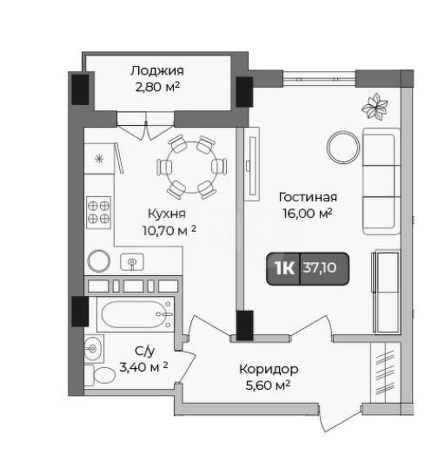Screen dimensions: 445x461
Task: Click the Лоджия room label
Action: (157, 71)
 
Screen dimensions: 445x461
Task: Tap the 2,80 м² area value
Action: (157, 87)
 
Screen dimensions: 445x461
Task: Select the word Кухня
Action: (167, 214)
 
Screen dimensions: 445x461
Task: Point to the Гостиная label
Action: (308, 197)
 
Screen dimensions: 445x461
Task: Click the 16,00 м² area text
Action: (308, 214)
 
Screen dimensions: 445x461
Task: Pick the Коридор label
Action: (269, 369)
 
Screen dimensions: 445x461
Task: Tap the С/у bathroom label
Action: (144, 351)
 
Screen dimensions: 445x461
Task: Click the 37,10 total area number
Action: (320, 268)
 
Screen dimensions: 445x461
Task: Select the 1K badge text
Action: (284, 268)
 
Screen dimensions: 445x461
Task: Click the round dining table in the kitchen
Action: (191, 168)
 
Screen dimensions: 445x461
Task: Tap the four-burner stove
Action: (98, 213)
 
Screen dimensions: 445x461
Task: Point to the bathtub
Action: (136, 314)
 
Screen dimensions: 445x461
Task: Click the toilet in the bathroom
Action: (100, 375)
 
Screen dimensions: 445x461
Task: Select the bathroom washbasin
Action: (94, 349)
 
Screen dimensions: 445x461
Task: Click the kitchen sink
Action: (132, 262)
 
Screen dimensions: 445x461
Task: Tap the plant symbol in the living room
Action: (375, 106)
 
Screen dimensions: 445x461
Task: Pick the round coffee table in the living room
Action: (344, 147)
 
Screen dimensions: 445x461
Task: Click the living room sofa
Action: (382, 181)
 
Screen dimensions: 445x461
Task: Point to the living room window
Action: (319, 79)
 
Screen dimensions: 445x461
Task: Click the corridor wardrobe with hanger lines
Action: (386, 373)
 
